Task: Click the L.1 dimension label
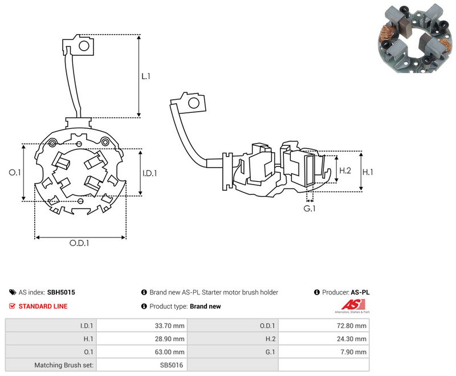tap(146, 76)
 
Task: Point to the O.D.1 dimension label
tap(79, 243)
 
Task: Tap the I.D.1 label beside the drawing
tap(149, 173)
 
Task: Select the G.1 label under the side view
tap(310, 209)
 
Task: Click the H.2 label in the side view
tap(345, 170)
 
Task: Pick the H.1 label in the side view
tap(368, 172)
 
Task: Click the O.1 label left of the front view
tap(15, 172)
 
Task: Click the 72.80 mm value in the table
tap(352, 326)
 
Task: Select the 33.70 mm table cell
tap(169, 326)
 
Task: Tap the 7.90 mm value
tap(353, 352)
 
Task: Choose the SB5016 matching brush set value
tap(172, 365)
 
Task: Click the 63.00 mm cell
tap(169, 352)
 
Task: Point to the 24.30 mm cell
tap(352, 339)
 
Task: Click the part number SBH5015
tap(61, 292)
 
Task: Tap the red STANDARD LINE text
tap(43, 306)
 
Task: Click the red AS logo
tap(353, 305)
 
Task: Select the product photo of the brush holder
tap(416, 38)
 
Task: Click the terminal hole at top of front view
tap(84, 46)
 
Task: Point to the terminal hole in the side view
tap(193, 103)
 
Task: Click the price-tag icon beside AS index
tap(13, 292)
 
